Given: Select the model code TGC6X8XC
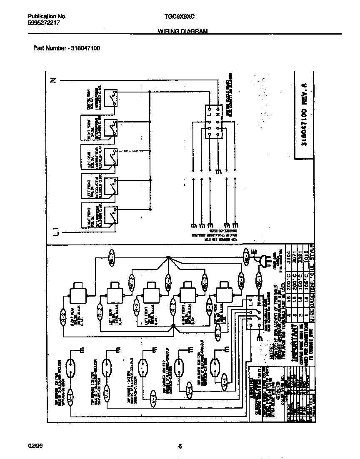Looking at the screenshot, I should click(177, 16).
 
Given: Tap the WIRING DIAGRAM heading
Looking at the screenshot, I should click(182, 32).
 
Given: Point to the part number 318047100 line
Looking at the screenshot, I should click(66, 48).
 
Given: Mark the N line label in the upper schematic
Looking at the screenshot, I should click(53, 80).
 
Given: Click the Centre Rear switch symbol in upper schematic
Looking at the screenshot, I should click(111, 98).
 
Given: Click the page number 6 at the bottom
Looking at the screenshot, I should click(180, 447).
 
